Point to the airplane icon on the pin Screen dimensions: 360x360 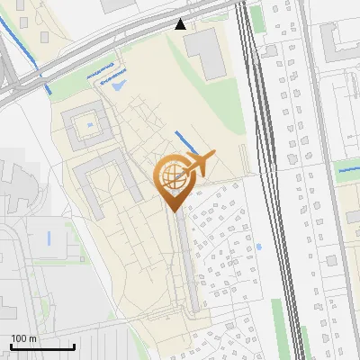(200, 163)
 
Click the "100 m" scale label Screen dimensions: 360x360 (23, 338)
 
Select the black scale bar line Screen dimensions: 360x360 (42, 346)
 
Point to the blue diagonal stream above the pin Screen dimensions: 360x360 (186, 142)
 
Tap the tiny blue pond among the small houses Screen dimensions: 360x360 (258, 246)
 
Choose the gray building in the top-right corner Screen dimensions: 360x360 (337, 40)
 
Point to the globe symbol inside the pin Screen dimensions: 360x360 (172, 175)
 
